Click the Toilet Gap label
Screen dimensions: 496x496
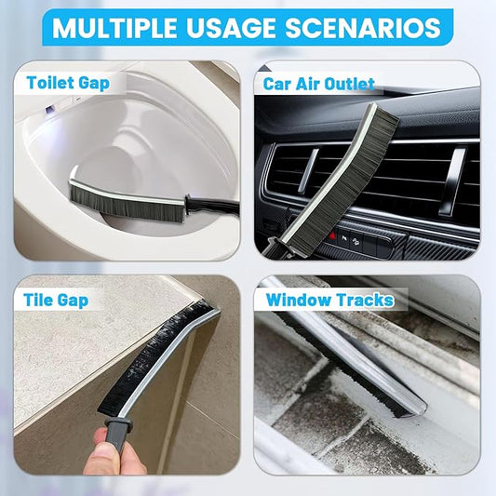[68, 82]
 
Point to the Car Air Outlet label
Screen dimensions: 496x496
[319, 84]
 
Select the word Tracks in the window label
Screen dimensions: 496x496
[372, 300]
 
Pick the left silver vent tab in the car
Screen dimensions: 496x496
[310, 172]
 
